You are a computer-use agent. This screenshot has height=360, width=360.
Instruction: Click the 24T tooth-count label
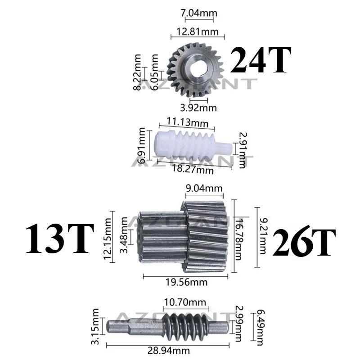(261, 60)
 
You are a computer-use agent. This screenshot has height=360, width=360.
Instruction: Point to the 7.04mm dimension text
(199, 13)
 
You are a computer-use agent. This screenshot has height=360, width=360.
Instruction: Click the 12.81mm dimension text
(198, 31)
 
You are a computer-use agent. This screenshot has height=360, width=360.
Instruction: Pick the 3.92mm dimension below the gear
(198, 108)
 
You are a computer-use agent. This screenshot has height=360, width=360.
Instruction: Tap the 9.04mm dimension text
(204, 189)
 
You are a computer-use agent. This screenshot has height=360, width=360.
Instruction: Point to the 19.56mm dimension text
(186, 282)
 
